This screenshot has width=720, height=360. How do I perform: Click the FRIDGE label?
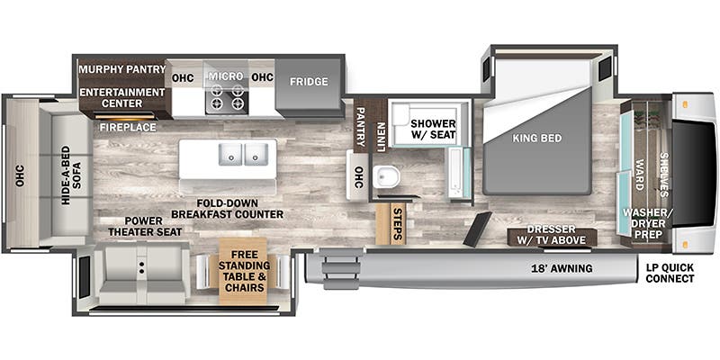point(309,82)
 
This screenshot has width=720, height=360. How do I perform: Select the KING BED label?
point(536,139)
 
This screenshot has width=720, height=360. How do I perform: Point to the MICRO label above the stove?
point(226,76)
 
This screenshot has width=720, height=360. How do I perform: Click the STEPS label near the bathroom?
point(398,224)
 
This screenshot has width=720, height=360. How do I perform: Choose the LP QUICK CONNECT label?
point(670,274)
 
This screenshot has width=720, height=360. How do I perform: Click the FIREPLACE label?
point(128,128)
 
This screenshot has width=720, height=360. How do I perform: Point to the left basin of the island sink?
point(230,153)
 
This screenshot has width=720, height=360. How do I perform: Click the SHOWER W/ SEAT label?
point(433,129)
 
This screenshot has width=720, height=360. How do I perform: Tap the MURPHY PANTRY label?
point(122,69)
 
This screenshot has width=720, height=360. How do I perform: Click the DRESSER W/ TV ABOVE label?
point(551,235)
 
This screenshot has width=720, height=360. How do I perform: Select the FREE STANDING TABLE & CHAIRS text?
point(244,271)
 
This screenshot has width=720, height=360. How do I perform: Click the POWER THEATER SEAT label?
point(145,227)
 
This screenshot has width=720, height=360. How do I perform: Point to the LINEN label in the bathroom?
point(381,137)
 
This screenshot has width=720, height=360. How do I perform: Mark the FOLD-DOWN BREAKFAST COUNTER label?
point(228,209)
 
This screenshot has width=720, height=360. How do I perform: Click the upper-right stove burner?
point(238,90)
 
